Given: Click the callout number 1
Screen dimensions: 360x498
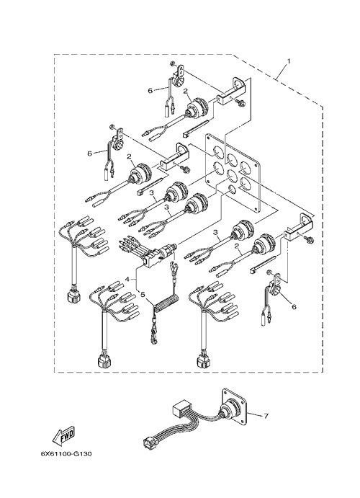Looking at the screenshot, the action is click(x=288, y=61).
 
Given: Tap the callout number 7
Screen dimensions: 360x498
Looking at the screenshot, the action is click(x=266, y=416).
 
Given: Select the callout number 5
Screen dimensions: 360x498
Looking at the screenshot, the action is click(x=143, y=295).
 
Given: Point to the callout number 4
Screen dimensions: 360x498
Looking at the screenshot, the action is click(x=127, y=279).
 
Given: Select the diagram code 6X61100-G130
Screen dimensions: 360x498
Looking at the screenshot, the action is click(x=66, y=453).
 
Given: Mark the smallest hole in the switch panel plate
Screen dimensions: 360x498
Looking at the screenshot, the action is click(x=232, y=190).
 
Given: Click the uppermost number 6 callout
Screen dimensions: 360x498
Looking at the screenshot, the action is click(x=150, y=91).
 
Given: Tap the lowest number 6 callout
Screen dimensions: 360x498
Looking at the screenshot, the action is click(x=294, y=307).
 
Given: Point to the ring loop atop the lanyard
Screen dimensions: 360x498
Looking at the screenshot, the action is click(x=174, y=264).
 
